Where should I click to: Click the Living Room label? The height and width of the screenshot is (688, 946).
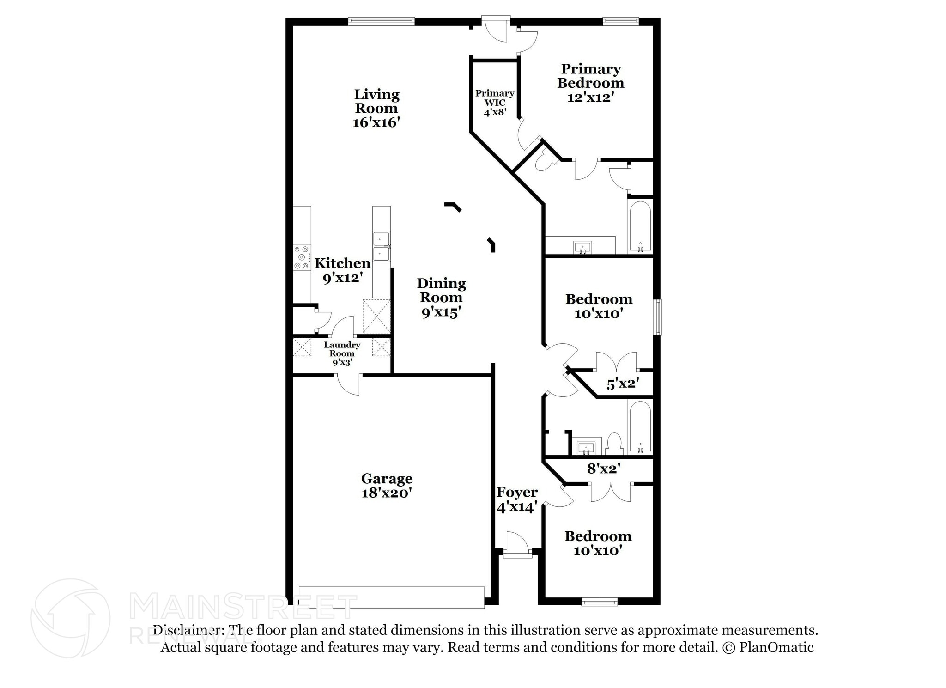click(x=376, y=108)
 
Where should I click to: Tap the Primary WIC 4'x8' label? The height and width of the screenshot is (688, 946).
click(x=495, y=103)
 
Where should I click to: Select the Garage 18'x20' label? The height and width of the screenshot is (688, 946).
click(x=387, y=486)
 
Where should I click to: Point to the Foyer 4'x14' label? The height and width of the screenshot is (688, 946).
click(x=517, y=499)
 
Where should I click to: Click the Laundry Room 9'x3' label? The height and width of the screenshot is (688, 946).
click(x=342, y=353)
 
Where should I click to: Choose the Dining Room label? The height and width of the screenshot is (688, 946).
click(x=441, y=297)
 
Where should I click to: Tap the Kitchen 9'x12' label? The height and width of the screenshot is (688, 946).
click(x=342, y=270)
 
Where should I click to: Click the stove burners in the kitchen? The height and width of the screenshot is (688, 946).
click(x=302, y=257)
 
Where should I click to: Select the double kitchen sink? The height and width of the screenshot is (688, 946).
click(x=382, y=246)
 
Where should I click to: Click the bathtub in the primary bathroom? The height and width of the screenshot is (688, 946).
click(x=640, y=226)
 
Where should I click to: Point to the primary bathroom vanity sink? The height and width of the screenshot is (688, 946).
click(x=583, y=247)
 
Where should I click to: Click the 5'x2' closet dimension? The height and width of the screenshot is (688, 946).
click(x=623, y=384)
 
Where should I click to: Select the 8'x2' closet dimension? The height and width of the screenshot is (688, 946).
click(x=603, y=469)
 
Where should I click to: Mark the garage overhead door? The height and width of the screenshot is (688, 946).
click(x=391, y=597)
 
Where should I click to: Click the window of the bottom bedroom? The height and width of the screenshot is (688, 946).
click(x=599, y=601)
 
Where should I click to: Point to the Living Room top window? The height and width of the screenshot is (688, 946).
click(x=381, y=21)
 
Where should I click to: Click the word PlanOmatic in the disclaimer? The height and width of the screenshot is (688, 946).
click(x=776, y=647)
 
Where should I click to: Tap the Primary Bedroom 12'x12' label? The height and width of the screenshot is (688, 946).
click(x=590, y=83)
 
